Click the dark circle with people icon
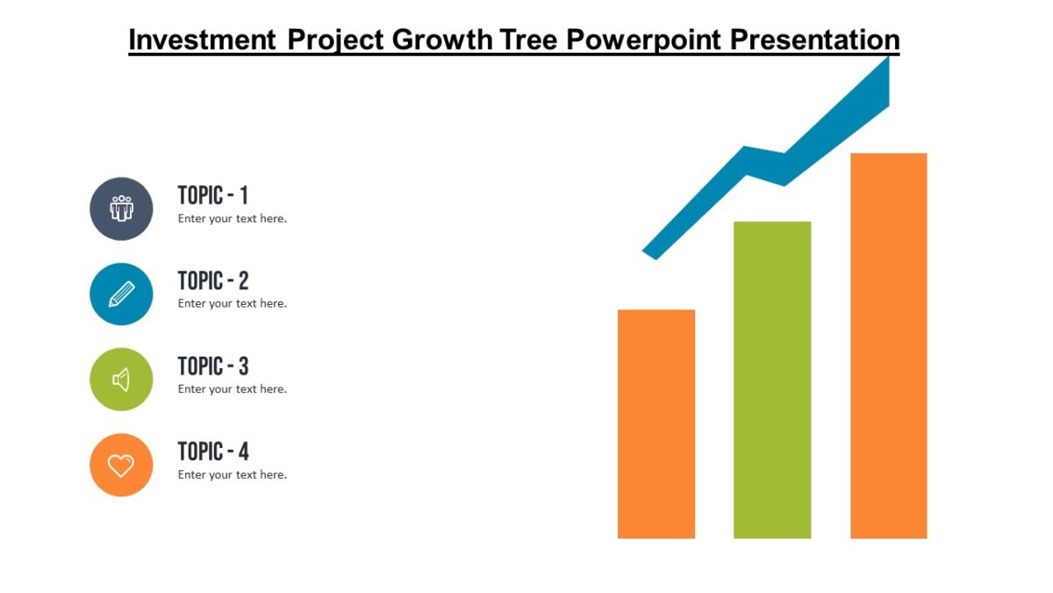(x=121, y=208)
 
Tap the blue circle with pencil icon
(x=121, y=293)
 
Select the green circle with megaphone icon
(x=121, y=380)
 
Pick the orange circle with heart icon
(x=121, y=465)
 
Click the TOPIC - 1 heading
(x=213, y=195)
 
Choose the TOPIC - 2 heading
(x=213, y=280)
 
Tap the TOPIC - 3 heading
(x=213, y=365)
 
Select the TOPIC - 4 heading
(x=213, y=452)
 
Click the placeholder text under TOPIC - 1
(x=233, y=219)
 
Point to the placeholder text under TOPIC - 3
(x=233, y=389)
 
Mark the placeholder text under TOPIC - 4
(x=233, y=474)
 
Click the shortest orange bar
(x=656, y=423)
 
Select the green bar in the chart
(x=772, y=380)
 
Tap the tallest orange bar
(x=888, y=345)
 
